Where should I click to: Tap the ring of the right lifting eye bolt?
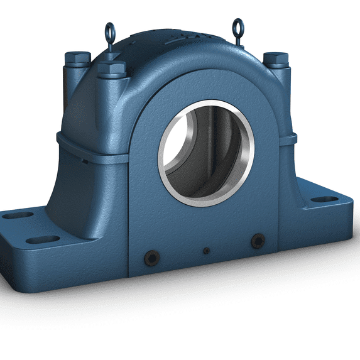(x=237, y=26)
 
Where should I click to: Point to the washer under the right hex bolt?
(x=274, y=66)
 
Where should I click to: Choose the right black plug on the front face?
(x=256, y=241)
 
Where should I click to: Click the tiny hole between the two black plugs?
(x=205, y=251)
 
